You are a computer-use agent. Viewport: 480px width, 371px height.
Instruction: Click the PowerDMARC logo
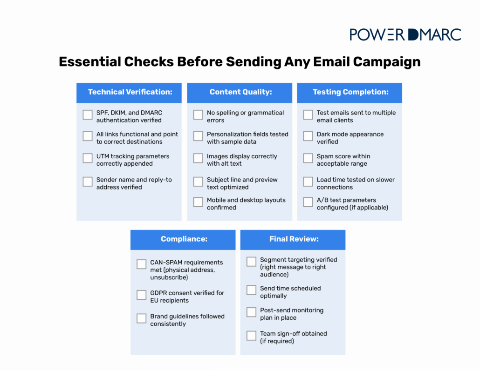[405, 34]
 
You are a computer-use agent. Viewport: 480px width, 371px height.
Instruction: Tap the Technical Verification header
[130, 92]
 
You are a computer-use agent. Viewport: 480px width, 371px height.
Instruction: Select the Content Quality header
[240, 92]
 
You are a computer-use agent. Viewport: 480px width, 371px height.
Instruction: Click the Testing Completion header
[350, 92]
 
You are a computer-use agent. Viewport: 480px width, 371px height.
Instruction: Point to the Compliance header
[184, 239]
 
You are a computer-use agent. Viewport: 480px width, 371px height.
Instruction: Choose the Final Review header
[294, 239]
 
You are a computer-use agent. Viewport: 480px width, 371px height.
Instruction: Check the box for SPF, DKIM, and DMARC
[88, 115]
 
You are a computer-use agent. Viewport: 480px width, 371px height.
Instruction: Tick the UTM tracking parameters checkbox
[88, 158]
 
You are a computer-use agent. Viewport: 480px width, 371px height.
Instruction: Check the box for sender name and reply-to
[88, 182]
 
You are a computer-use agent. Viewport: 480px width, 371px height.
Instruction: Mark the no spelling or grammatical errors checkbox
[198, 115]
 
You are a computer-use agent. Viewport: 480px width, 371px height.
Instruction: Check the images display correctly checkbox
[198, 158]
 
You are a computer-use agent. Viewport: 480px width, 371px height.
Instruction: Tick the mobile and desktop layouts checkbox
[198, 202]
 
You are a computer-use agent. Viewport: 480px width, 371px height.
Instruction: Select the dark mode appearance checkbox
[308, 136]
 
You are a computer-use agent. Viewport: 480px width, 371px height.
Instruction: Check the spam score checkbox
[308, 158]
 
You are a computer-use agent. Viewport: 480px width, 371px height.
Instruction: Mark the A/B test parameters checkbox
[308, 202]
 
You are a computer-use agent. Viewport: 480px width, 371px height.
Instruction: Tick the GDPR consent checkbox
[142, 295]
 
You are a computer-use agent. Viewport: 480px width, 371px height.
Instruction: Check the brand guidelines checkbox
[142, 318]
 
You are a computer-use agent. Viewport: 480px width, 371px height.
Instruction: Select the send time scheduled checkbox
[251, 290]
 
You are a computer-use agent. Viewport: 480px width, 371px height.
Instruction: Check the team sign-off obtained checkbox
[251, 336]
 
